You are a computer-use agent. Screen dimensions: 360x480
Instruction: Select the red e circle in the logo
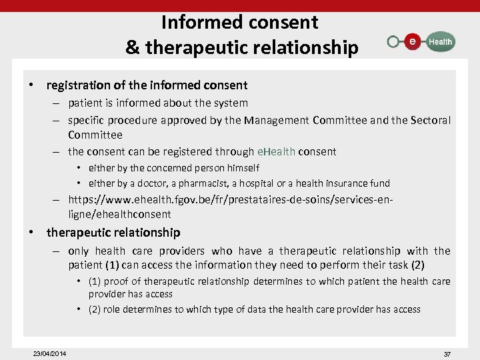(413, 41)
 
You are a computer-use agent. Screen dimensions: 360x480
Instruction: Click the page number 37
(447, 354)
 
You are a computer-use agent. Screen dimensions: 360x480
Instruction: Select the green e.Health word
(276, 151)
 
